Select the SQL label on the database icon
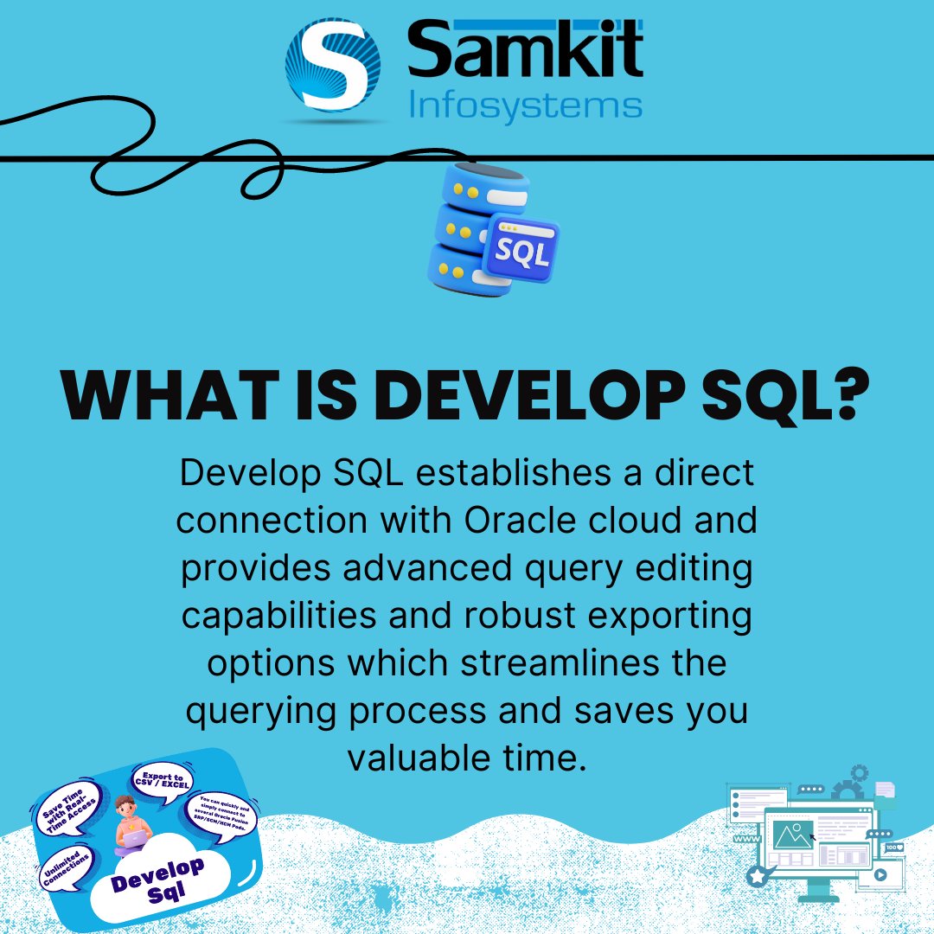click(520, 252)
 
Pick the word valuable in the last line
click(414, 758)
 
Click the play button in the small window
click(880, 874)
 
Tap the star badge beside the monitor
click(758, 876)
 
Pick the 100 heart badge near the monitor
click(892, 848)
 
